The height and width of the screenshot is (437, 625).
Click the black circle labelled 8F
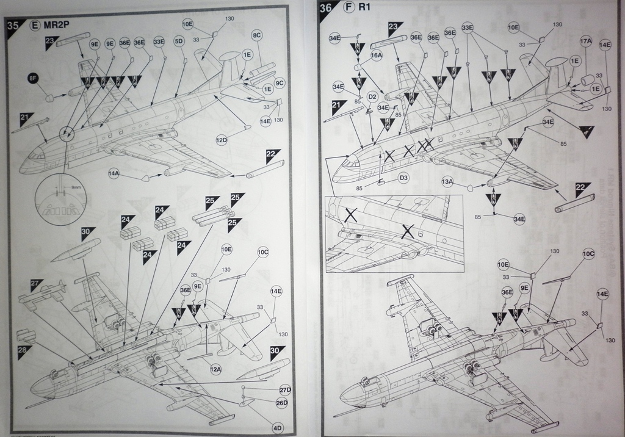pyautogui.click(x=32, y=79)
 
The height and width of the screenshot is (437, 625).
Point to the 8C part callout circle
pyautogui.click(x=256, y=37)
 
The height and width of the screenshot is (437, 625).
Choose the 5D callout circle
pyautogui.click(x=179, y=42)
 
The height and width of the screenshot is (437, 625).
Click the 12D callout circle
pyautogui.click(x=222, y=140)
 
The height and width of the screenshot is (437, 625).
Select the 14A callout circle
pyautogui.click(x=114, y=174)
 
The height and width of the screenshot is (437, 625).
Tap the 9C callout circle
pyautogui.click(x=280, y=82)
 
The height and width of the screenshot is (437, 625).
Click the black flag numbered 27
pyautogui.click(x=36, y=284)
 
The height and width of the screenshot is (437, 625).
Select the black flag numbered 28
pyautogui.click(x=24, y=350)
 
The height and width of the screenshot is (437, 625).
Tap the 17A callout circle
pyautogui.click(x=586, y=42)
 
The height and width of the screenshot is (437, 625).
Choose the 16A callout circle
pyautogui.click(x=376, y=55)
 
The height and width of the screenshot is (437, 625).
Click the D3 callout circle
pyautogui.click(x=403, y=178)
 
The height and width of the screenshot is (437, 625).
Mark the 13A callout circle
pyautogui.click(x=447, y=181)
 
